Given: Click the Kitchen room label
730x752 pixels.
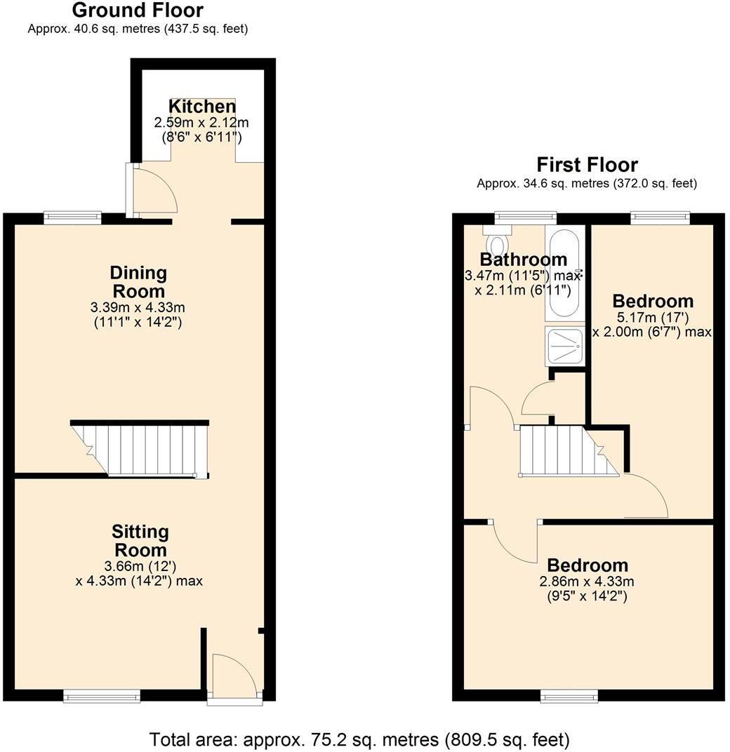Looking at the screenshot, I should tap(202, 107).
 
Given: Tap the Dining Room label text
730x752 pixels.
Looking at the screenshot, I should tap(138, 281).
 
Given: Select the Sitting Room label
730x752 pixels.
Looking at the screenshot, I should tap(141, 540).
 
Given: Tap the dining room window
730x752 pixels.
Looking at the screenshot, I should tap(73, 218).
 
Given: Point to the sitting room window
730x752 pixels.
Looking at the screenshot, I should tap(102, 695).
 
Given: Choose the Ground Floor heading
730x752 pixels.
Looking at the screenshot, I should tap(138, 11).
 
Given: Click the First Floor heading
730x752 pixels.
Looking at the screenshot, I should tap(587, 165).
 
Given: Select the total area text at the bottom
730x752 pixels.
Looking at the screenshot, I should tap(359, 739).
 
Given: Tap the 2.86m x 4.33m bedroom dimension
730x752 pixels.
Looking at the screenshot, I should tap(587, 582).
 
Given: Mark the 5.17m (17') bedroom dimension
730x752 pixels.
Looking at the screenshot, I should tap(653, 318).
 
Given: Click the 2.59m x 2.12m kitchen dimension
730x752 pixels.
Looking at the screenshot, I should tap(201, 123).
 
